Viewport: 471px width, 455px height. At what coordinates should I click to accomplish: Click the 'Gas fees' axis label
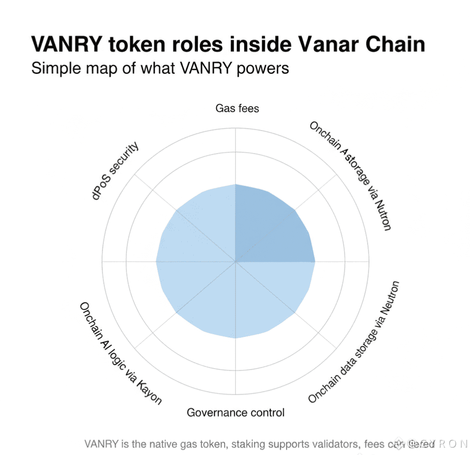tap(237, 108)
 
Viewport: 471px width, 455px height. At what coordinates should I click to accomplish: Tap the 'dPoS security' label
tap(115, 171)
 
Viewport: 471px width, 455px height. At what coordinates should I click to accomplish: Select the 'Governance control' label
tap(235, 412)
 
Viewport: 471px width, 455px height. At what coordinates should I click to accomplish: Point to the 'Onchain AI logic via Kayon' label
tap(121, 353)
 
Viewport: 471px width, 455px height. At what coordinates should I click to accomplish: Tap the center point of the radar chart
tap(235, 262)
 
